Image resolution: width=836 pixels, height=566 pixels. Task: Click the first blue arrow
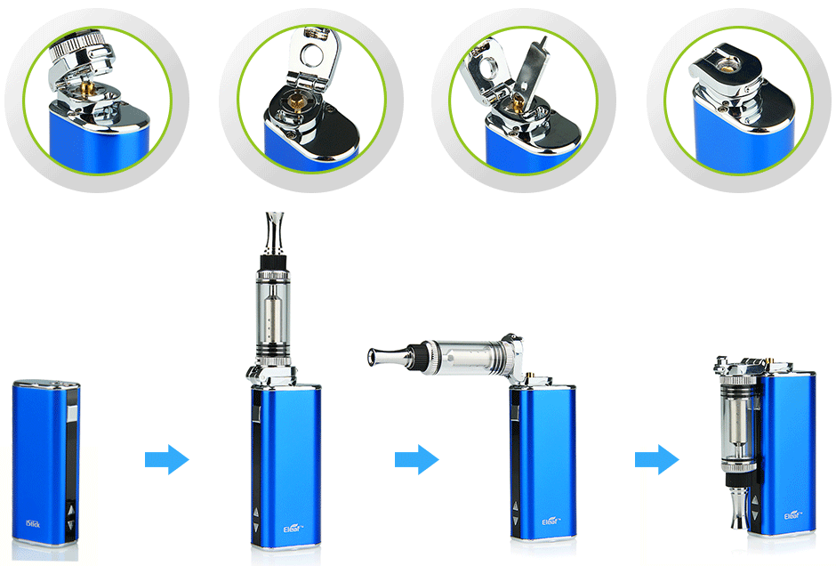166,460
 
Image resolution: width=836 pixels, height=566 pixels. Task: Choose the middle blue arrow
416,460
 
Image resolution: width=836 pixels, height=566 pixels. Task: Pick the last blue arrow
656,460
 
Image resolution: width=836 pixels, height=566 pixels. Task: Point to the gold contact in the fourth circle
728,66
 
